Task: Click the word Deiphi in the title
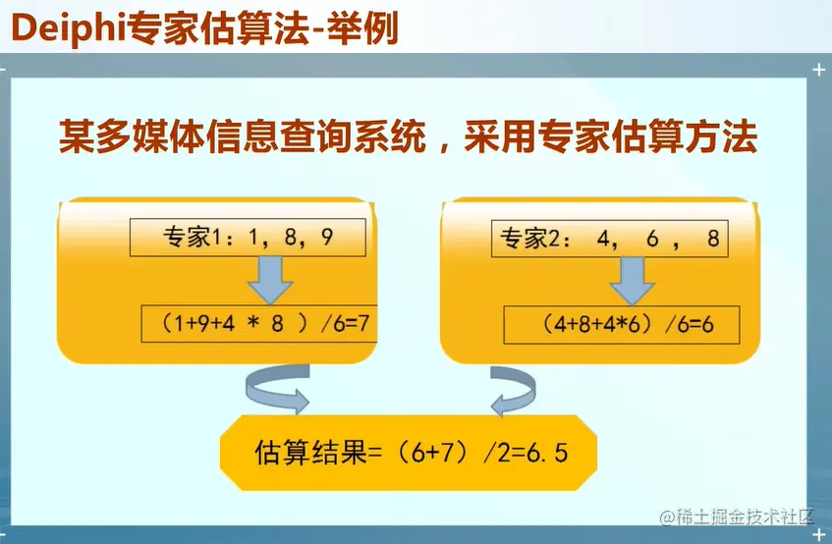[x=68, y=28]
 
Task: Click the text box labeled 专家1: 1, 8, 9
[x=248, y=237]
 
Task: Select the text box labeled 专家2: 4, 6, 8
[x=610, y=239]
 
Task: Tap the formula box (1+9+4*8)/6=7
[x=259, y=323]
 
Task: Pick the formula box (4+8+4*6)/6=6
[x=622, y=324]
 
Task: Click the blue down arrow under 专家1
[x=270, y=281]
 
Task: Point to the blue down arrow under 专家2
[x=632, y=282]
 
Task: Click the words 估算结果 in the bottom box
[x=310, y=453]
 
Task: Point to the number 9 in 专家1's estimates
[x=327, y=237]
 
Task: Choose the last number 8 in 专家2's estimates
[x=714, y=239]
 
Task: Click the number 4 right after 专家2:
[x=603, y=240]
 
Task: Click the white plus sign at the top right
[x=818, y=70]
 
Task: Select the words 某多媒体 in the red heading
[x=131, y=136]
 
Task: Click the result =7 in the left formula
[x=358, y=323]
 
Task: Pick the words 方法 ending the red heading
[x=721, y=136]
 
